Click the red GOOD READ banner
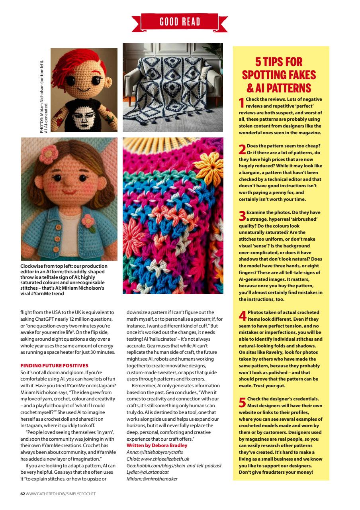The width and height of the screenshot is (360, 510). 180,22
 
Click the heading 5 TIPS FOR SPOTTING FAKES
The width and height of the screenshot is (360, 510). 279,75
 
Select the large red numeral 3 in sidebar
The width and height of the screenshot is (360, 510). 242,216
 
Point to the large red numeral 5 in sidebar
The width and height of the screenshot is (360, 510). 242,402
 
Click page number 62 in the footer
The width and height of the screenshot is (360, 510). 23,494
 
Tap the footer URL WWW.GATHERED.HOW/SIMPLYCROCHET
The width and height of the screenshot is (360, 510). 61,494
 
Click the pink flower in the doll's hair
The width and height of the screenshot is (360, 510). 49,152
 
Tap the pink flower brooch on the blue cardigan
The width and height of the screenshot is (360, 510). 89,222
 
